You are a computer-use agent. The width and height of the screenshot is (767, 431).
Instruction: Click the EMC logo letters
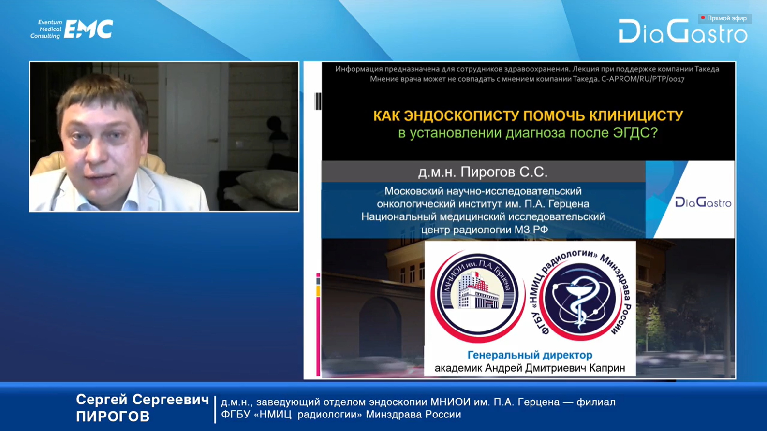tap(88, 29)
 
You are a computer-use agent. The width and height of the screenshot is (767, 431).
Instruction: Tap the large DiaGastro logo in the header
tap(683, 31)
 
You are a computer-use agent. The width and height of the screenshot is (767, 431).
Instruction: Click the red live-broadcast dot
tap(703, 18)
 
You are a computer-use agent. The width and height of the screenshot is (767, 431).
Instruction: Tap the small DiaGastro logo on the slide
tap(703, 202)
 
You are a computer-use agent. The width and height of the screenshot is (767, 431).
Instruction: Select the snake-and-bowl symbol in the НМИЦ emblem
tap(579, 301)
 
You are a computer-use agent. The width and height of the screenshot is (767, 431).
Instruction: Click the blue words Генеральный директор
tap(530, 355)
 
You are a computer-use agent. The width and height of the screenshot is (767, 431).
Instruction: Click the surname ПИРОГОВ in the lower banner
tap(113, 417)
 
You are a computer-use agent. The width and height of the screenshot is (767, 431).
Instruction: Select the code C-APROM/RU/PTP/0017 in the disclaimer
tap(643, 79)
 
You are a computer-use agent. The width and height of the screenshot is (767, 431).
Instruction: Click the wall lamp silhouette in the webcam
tap(276, 128)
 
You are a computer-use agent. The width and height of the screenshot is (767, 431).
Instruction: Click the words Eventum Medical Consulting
tap(46, 29)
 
